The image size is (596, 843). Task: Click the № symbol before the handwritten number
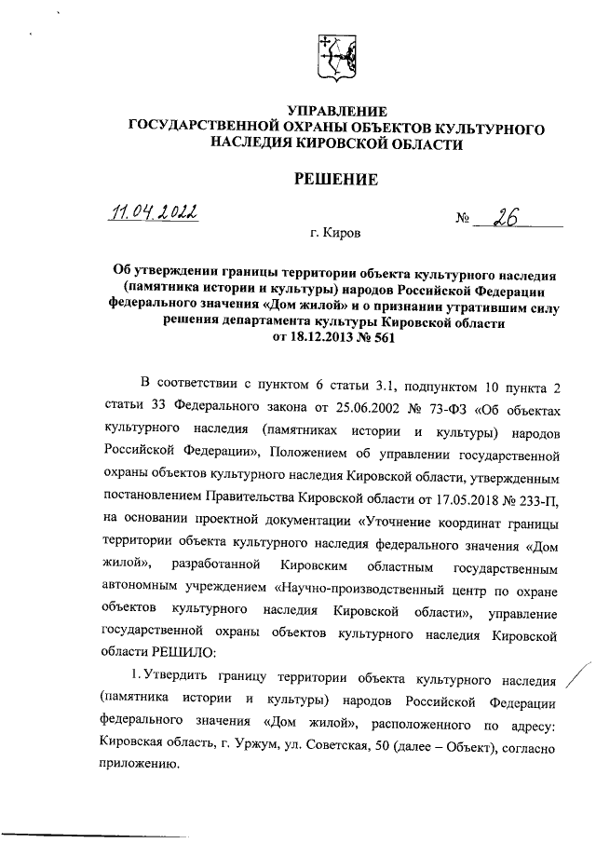click(463, 221)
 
